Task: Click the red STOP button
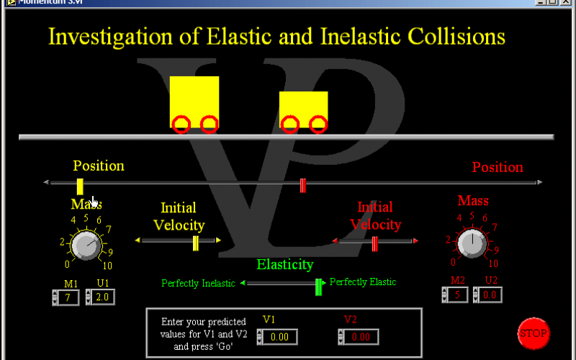tap(534, 333)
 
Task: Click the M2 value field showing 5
tap(458, 294)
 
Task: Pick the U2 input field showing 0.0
tap(492, 294)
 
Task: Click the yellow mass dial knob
tap(85, 245)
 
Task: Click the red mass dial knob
tap(472, 243)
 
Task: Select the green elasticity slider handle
tap(318, 286)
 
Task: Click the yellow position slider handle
tap(80, 186)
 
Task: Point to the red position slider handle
tap(303, 186)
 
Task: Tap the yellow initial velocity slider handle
tap(195, 243)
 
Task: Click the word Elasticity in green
tap(285, 264)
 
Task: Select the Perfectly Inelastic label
tap(198, 284)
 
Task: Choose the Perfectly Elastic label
tap(363, 282)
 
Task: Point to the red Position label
tap(498, 167)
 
